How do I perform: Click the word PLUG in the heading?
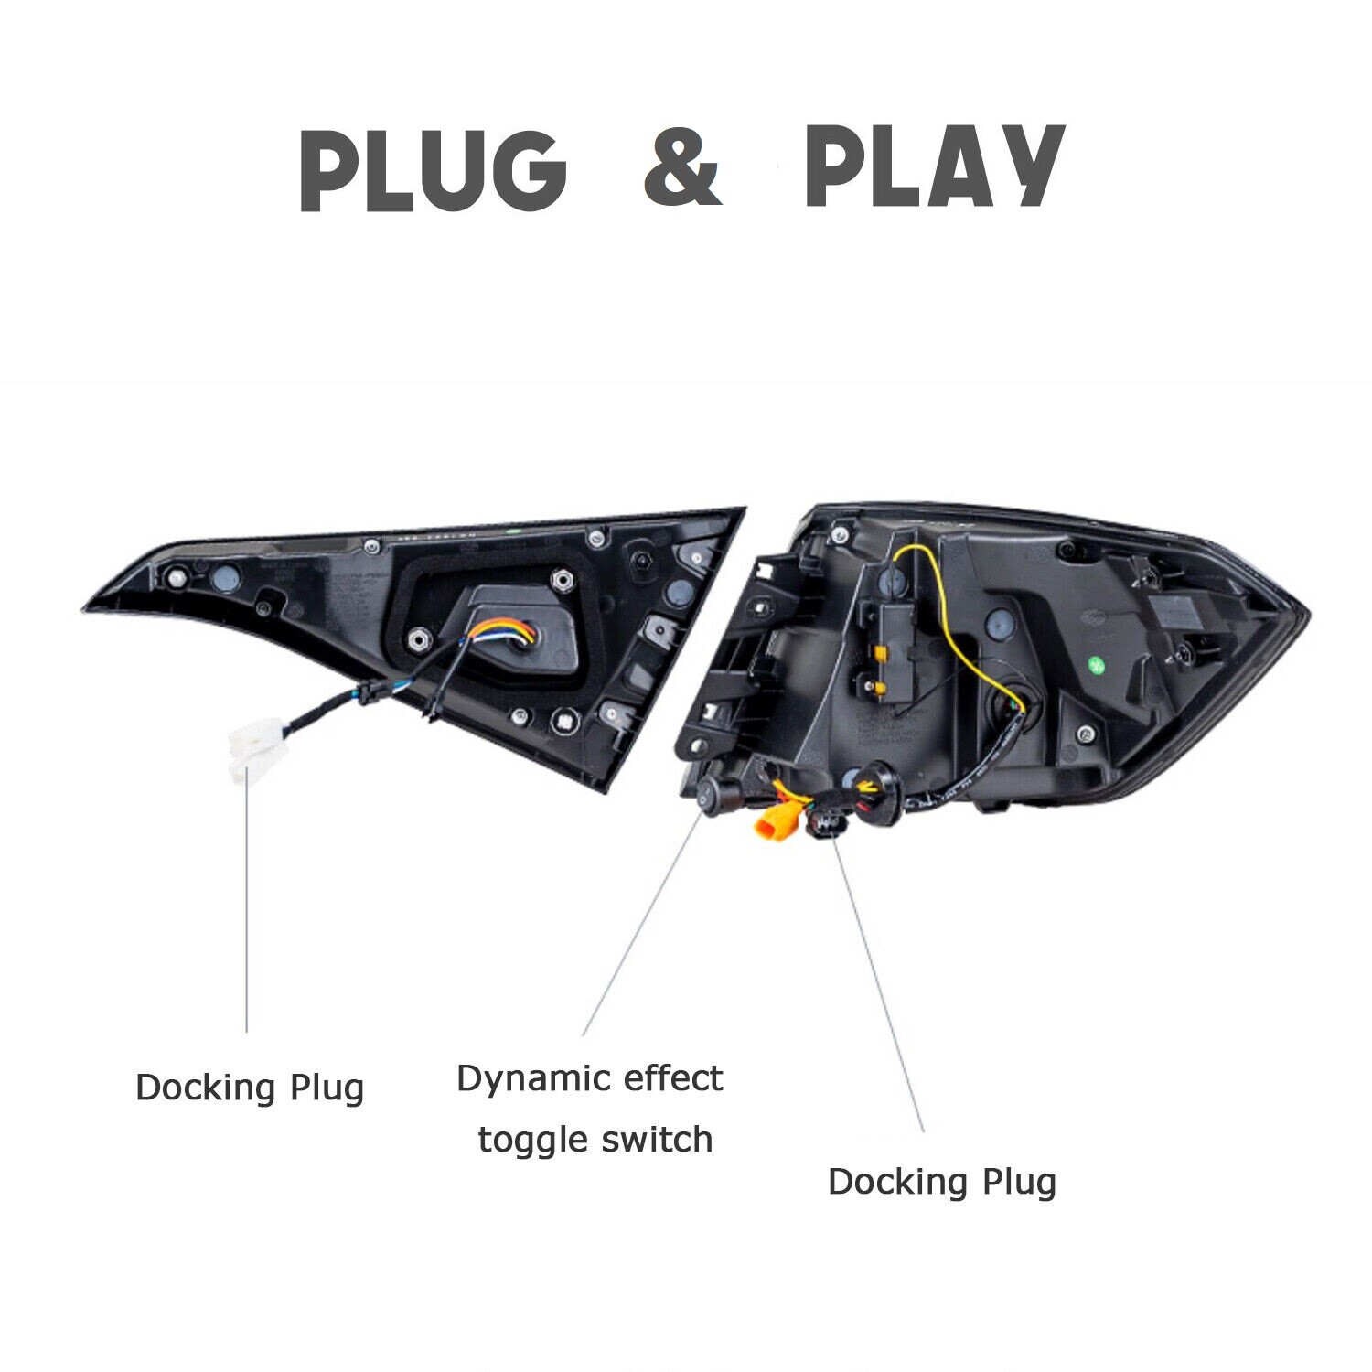click(x=433, y=169)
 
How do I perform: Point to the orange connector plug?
click(x=772, y=820)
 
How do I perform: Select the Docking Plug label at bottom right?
click(x=942, y=1183)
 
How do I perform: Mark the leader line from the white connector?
click(x=247, y=907)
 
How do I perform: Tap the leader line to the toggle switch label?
click(x=642, y=923)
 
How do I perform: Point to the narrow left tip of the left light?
click(x=85, y=606)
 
